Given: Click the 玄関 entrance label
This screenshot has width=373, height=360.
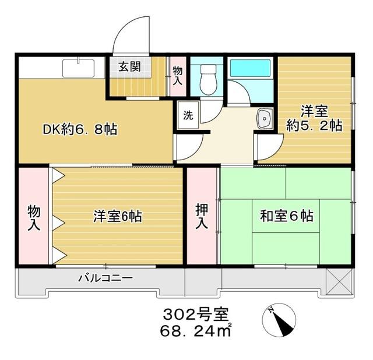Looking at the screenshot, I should coord(129,66).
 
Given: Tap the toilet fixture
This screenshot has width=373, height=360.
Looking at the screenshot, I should coord(207,78).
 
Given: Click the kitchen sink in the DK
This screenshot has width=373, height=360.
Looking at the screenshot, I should coord(79,68).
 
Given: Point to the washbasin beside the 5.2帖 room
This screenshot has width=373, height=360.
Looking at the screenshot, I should coord(264,120).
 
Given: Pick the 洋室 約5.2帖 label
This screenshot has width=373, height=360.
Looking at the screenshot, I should coord(313,118).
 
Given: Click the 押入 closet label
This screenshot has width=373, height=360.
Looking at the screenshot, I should coord(202,215).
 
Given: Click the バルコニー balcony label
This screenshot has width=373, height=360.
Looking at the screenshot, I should coord(105,278).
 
